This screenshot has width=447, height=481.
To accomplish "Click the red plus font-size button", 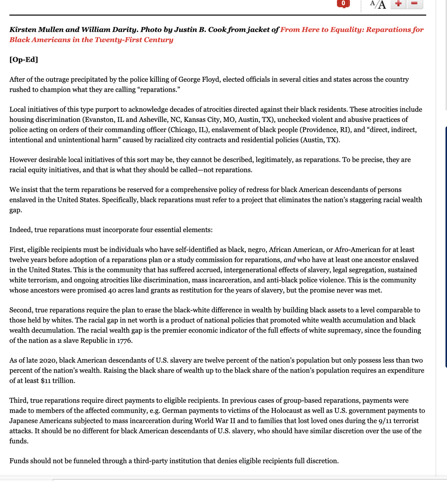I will click(398, 4).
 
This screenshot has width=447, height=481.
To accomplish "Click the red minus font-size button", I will click(415, 4).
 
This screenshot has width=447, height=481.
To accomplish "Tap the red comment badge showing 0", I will click(343, 3).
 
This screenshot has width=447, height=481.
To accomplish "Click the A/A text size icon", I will click(378, 4).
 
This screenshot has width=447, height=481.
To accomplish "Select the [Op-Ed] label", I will click(24, 60).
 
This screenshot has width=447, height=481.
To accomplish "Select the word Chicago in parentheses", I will click(183, 129).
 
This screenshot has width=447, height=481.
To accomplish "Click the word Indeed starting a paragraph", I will click(20, 230).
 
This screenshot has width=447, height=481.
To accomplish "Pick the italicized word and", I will click(289, 260).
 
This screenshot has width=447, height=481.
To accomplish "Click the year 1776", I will click(124, 340).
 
